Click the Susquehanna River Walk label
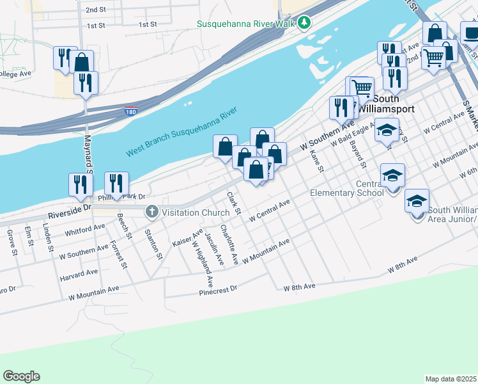coord(246,23)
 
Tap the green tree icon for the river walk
coord(305,23)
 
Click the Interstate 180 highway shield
coord(130,112)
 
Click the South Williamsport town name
coord(385,104)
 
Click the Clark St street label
coord(233,203)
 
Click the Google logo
coord(21,376)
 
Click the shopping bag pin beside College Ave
coord(82,63)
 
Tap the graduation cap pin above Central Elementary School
coord(393,174)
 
